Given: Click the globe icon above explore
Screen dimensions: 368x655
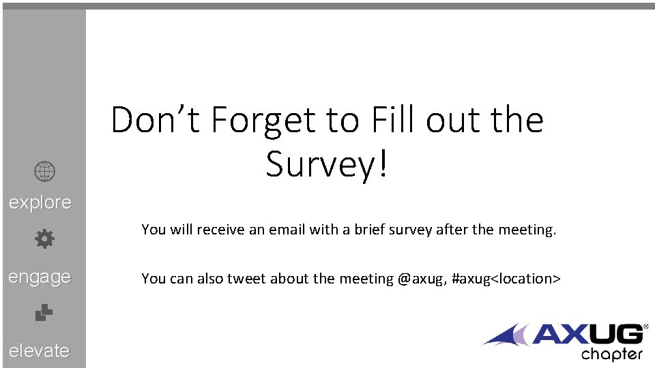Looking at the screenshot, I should tap(44, 172).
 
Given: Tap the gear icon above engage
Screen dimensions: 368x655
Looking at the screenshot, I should tap(44, 239).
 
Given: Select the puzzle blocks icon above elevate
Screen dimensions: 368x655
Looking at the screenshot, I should tap(44, 312).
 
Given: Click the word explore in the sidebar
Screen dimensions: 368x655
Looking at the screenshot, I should tap(40, 202).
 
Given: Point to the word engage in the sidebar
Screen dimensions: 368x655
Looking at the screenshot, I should tap(40, 277).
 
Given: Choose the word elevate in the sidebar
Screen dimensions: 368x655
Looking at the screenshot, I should tap(40, 350).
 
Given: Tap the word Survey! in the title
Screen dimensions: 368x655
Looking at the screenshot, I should tap(327, 164).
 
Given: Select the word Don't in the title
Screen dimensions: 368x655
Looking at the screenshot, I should tap(156, 121).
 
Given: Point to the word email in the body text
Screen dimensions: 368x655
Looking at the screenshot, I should tap(287, 230).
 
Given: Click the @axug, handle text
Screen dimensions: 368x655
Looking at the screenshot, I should tap(422, 278).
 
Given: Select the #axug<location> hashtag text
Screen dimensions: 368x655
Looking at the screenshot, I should tap(506, 278).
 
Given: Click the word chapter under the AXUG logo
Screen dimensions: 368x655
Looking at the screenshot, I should tap(611, 354).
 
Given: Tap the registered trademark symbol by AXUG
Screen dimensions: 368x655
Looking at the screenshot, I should tap(645, 328).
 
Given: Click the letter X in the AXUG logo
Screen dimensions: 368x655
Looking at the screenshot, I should tap(571, 335).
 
